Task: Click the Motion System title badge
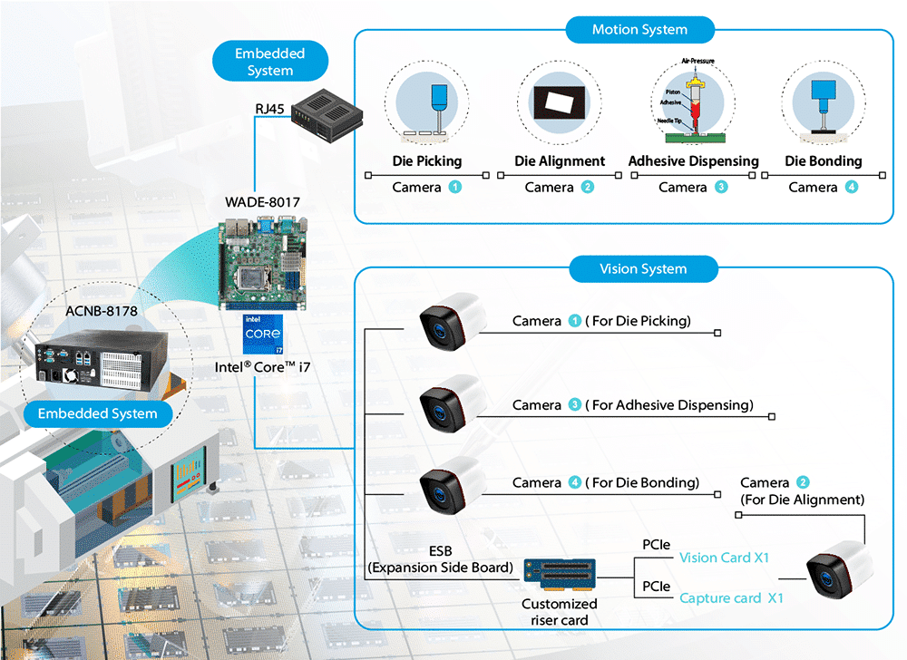click(x=639, y=30)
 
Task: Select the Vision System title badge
click(x=643, y=269)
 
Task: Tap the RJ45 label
click(x=269, y=110)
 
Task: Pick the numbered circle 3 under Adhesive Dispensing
click(x=721, y=188)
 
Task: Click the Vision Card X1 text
click(x=724, y=558)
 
